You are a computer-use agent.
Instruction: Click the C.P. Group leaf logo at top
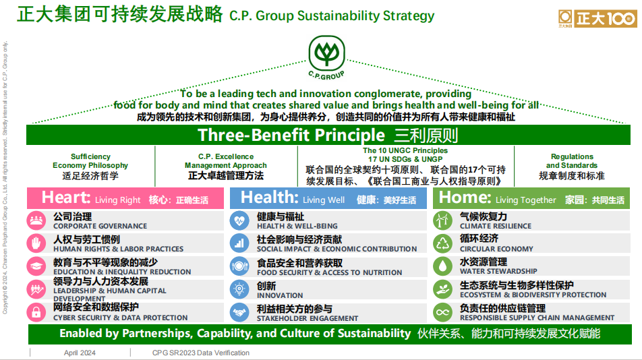point(326,57)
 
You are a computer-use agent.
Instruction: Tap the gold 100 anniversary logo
point(597,18)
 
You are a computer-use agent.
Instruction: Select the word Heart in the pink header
point(65,198)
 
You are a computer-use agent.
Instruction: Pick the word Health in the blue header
point(270,198)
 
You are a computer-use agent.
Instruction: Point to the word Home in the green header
point(465,198)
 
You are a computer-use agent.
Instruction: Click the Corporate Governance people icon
point(36,220)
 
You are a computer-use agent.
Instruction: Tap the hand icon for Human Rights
point(36,243)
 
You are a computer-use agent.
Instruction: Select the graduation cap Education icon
point(36,266)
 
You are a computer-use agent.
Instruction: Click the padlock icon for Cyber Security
point(36,313)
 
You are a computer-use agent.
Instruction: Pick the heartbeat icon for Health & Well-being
point(239,220)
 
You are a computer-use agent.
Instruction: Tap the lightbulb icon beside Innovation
point(239,290)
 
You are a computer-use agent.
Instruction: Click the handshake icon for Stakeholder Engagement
point(239,313)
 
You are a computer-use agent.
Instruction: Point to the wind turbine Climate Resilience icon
point(442,220)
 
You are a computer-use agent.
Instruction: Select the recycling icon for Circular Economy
point(442,243)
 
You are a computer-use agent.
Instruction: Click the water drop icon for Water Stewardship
point(442,266)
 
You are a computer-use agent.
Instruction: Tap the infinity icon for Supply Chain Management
point(442,313)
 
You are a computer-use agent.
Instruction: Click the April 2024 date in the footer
point(80,353)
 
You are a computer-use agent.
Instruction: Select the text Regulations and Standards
point(572,160)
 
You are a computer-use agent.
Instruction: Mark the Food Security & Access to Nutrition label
point(330,272)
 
